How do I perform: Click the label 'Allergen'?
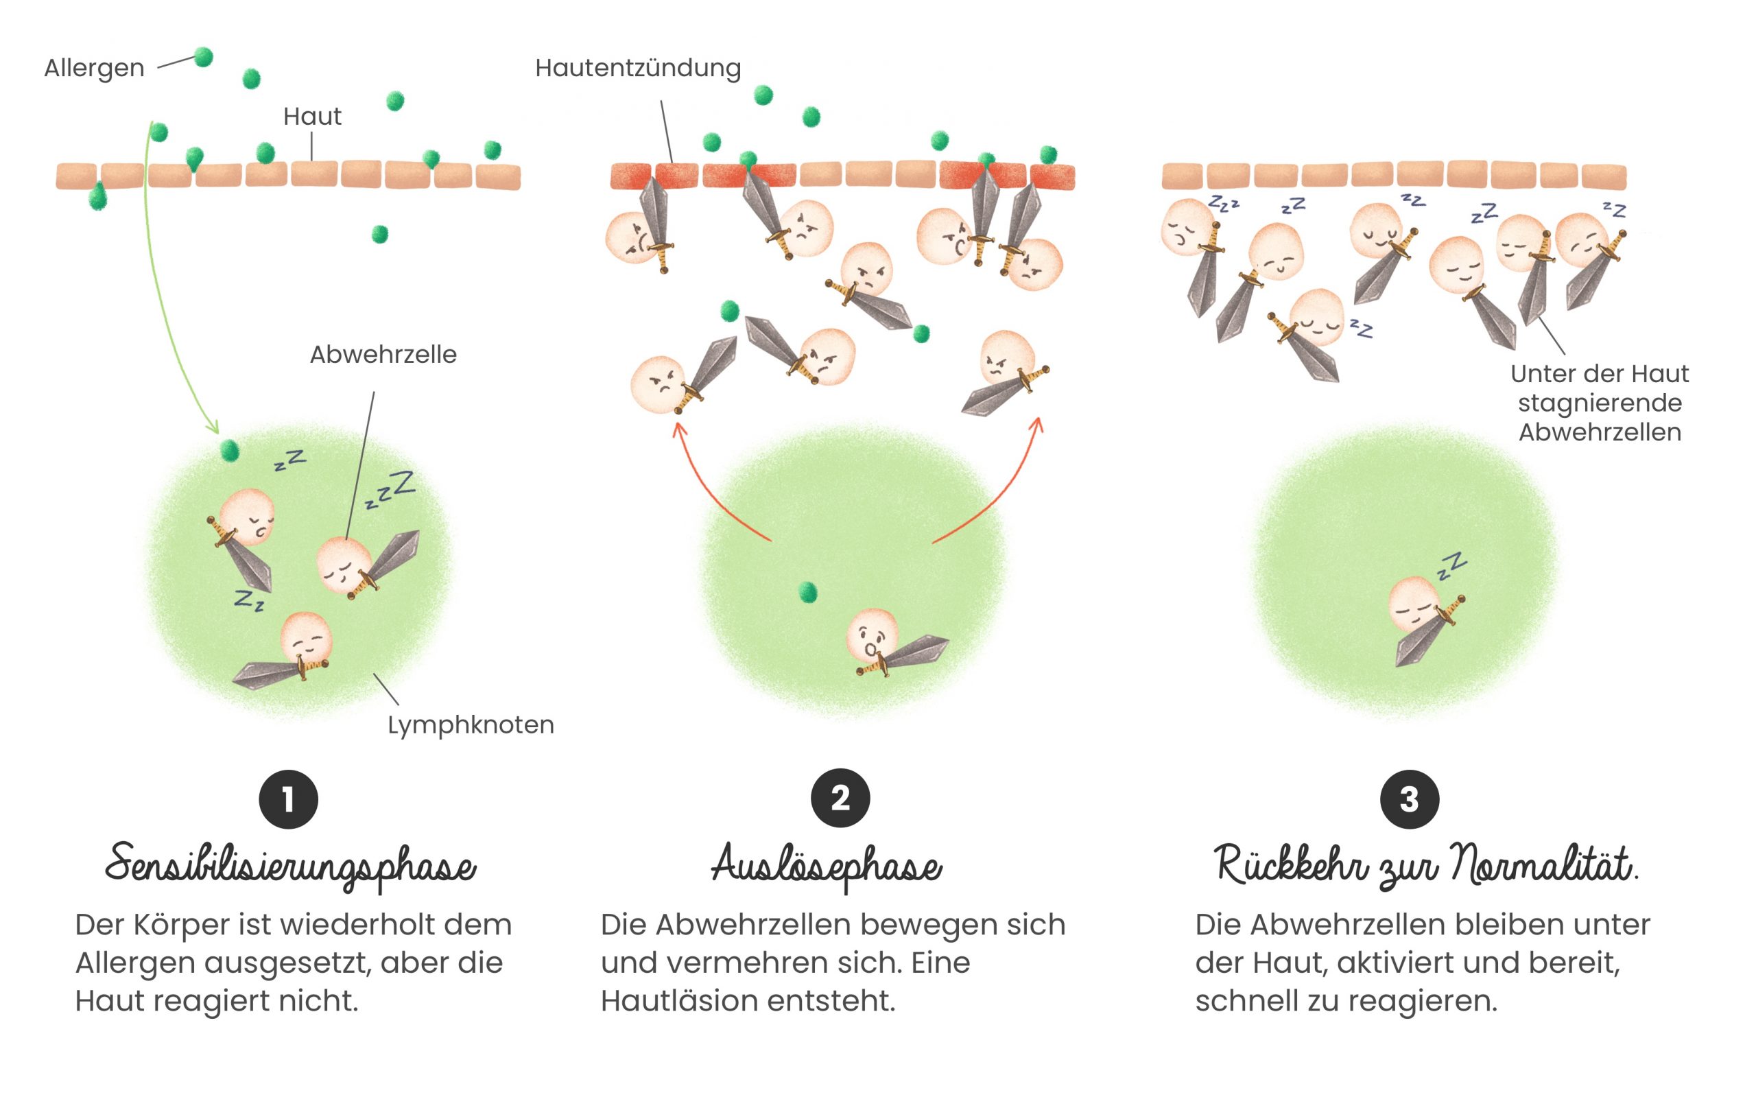[94, 68]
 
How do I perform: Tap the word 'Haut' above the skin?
[312, 117]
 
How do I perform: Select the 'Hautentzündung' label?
[637, 68]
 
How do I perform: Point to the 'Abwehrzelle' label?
[383, 355]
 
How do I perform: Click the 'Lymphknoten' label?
[470, 724]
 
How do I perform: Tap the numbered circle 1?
[289, 799]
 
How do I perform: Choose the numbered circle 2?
[840, 798]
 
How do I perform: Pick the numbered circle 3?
[1408, 799]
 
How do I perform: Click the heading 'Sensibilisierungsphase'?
[290, 866]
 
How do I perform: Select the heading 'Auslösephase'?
[826, 866]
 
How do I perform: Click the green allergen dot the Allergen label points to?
[204, 56]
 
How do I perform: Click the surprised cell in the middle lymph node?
[873, 635]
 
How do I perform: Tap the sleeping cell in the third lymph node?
[1414, 604]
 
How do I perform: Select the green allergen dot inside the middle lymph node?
[807, 592]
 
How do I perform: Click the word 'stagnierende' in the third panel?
[1600, 403]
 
